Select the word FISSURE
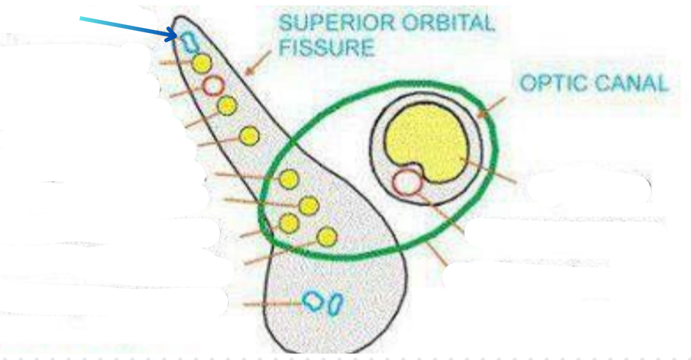coord(326,48)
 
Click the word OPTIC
coord(555,83)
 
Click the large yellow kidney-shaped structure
coord(428,144)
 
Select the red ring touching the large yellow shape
coord(407,181)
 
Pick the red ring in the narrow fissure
coord(213,87)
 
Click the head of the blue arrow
coord(174,34)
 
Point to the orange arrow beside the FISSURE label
coord(256,65)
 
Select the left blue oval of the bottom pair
coord(314,301)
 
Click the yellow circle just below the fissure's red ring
coord(227,106)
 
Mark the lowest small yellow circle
coord(328,236)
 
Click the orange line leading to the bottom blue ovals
coord(271,303)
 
